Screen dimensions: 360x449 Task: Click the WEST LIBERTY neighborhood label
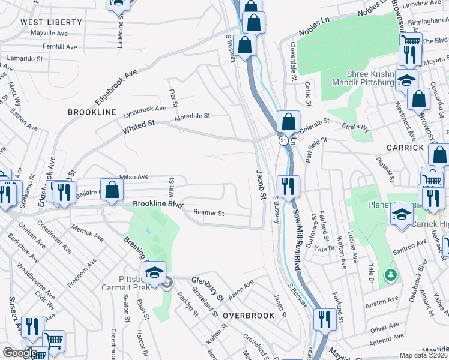click(x=51, y=22)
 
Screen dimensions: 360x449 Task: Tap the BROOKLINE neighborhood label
click(x=91, y=112)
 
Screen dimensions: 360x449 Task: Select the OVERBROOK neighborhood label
click(x=249, y=315)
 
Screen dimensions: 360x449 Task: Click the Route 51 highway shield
click(x=282, y=140)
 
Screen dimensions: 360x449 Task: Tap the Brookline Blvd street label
click(x=157, y=205)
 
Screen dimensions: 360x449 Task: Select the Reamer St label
click(x=208, y=213)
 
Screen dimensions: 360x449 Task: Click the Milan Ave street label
click(x=133, y=177)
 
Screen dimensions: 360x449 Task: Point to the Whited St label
click(x=139, y=127)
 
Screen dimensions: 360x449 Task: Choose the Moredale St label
click(x=192, y=116)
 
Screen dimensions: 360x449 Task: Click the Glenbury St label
click(x=207, y=287)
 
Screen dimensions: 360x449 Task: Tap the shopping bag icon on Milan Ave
click(x=112, y=190)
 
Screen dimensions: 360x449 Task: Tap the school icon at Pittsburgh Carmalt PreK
click(x=154, y=272)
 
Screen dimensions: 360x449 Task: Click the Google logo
click(x=20, y=353)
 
